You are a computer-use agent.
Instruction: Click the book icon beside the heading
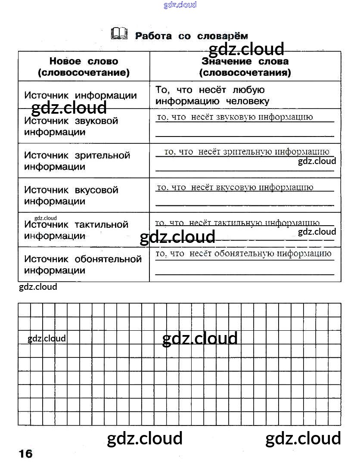pos(119,34)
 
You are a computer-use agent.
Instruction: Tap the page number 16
pos(25,453)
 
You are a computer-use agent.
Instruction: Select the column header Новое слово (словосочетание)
pos(84,67)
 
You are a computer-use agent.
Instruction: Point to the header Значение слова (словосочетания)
pos(245,67)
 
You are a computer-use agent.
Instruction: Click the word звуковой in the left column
pos(96,121)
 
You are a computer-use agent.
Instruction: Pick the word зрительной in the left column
pos(102,155)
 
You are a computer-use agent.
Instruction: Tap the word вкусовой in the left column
pos(96,190)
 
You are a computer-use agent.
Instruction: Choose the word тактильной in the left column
pos(101,224)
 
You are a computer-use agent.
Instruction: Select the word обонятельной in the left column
pos(108,259)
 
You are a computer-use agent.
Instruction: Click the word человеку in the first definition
pos(248,102)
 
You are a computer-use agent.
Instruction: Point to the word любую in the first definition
pos(248,90)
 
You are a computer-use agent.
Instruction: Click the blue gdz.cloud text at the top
pos(180,5)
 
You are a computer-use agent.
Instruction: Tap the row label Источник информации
pos(80,95)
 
